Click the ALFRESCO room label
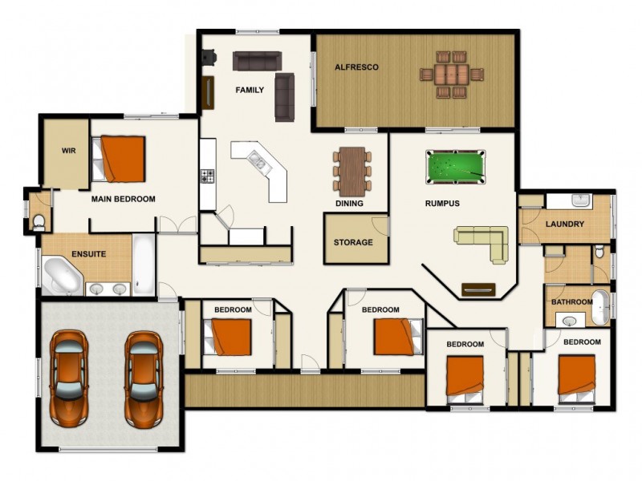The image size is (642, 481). (x=356, y=67)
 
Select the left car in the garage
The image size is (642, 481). (x=69, y=377)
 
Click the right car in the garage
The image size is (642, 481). (x=144, y=377)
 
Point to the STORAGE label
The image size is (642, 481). (x=353, y=242)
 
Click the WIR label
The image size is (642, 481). (x=68, y=150)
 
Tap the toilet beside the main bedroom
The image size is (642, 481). (x=39, y=221)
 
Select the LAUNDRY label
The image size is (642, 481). (x=564, y=224)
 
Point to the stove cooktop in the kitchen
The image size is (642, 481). (x=208, y=175)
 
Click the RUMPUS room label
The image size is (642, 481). (x=442, y=204)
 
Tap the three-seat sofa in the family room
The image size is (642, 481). (x=257, y=60)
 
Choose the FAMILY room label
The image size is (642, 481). (x=250, y=90)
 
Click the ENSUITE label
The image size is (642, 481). (x=89, y=254)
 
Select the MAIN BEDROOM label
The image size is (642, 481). (x=123, y=199)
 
